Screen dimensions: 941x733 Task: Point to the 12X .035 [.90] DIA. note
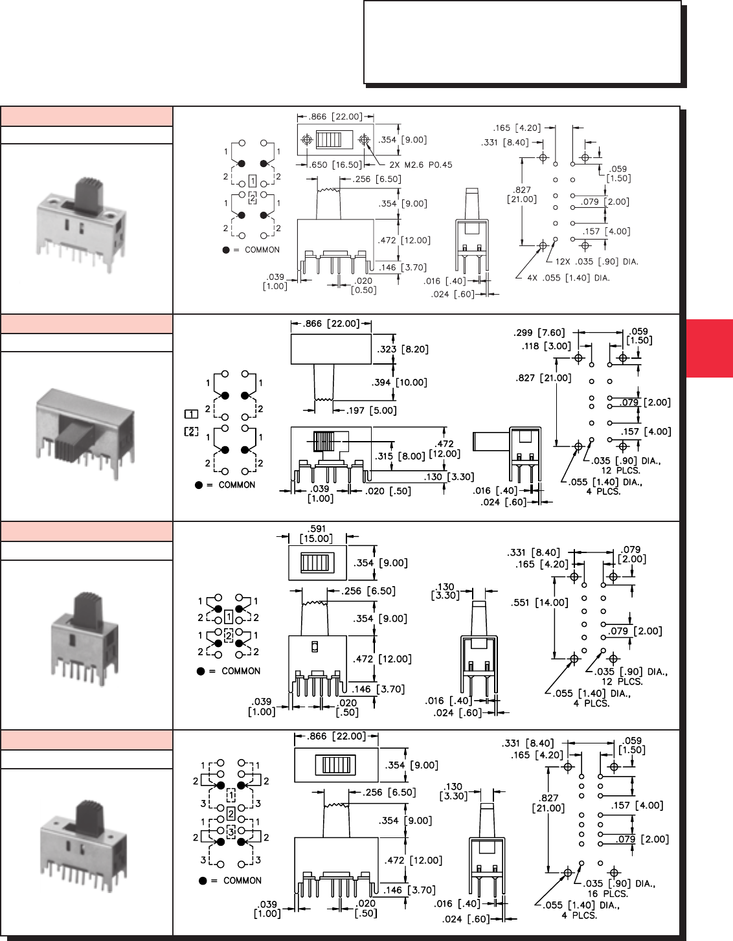[597, 262]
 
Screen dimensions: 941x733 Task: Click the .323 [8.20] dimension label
[403, 349]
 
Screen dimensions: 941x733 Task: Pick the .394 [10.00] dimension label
[400, 382]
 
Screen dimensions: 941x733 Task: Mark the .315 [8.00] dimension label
[400, 456]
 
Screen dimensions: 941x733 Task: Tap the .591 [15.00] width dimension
[317, 534]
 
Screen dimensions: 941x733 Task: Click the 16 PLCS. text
[607, 894]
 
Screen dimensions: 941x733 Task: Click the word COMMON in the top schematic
[262, 250]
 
